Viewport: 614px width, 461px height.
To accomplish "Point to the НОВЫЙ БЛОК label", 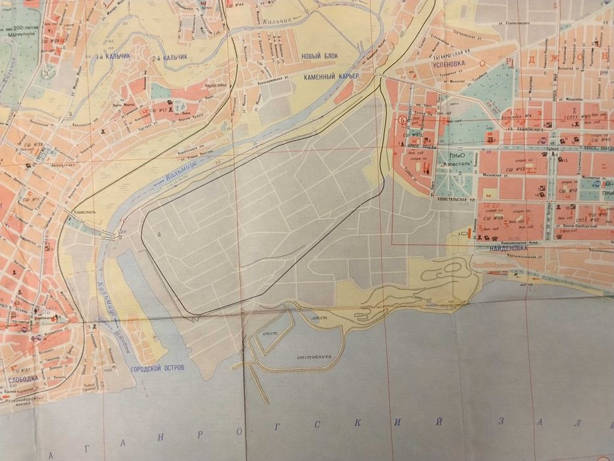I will click(x=319, y=56).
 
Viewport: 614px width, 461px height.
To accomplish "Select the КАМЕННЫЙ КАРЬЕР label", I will click(x=331, y=77).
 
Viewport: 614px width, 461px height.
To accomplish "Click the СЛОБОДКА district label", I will click(x=23, y=379).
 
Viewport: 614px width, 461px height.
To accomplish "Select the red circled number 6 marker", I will click(x=403, y=120).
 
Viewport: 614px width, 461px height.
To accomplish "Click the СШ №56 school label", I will click(x=494, y=218).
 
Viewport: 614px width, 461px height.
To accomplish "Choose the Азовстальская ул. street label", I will click(x=454, y=198).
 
